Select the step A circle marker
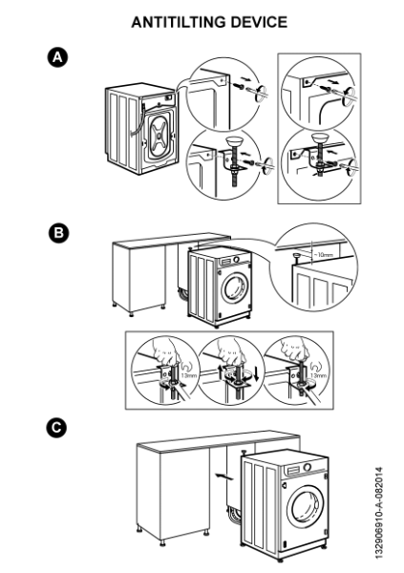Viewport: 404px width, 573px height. coord(59,60)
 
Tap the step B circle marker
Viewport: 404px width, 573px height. coord(59,232)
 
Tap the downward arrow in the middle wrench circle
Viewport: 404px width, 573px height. coord(256,370)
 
